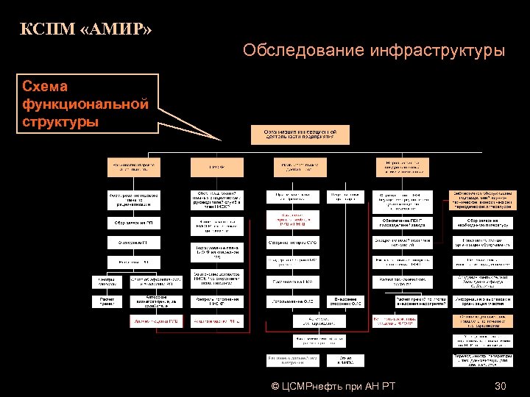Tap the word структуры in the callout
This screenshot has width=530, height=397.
click(61, 121)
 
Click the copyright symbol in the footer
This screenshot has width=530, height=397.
click(275, 386)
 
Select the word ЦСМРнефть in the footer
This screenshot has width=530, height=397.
click(320, 386)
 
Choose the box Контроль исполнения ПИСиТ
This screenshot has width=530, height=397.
click(215, 301)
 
